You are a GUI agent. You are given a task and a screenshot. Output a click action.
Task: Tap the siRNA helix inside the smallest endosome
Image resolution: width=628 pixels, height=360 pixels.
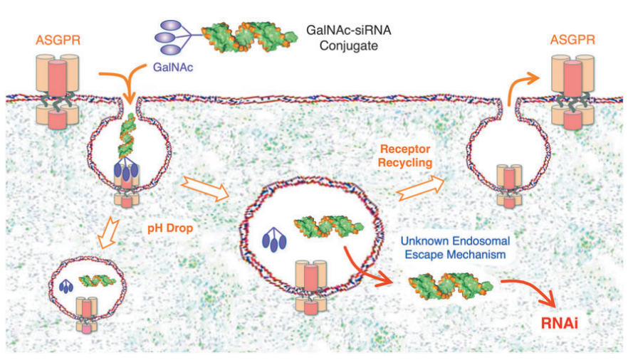coord(96,280)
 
